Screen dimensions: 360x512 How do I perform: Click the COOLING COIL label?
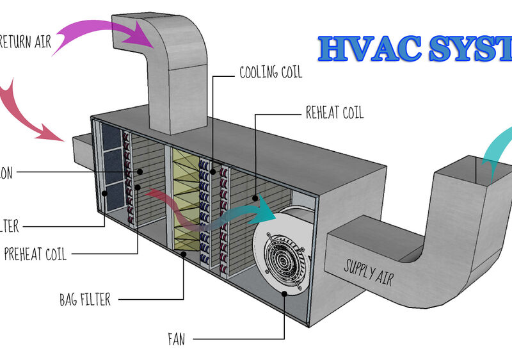point(270,72)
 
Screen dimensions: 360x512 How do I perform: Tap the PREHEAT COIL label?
point(35,255)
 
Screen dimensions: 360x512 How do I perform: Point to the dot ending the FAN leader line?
point(284,293)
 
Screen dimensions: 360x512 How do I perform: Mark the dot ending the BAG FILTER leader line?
point(184,254)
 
